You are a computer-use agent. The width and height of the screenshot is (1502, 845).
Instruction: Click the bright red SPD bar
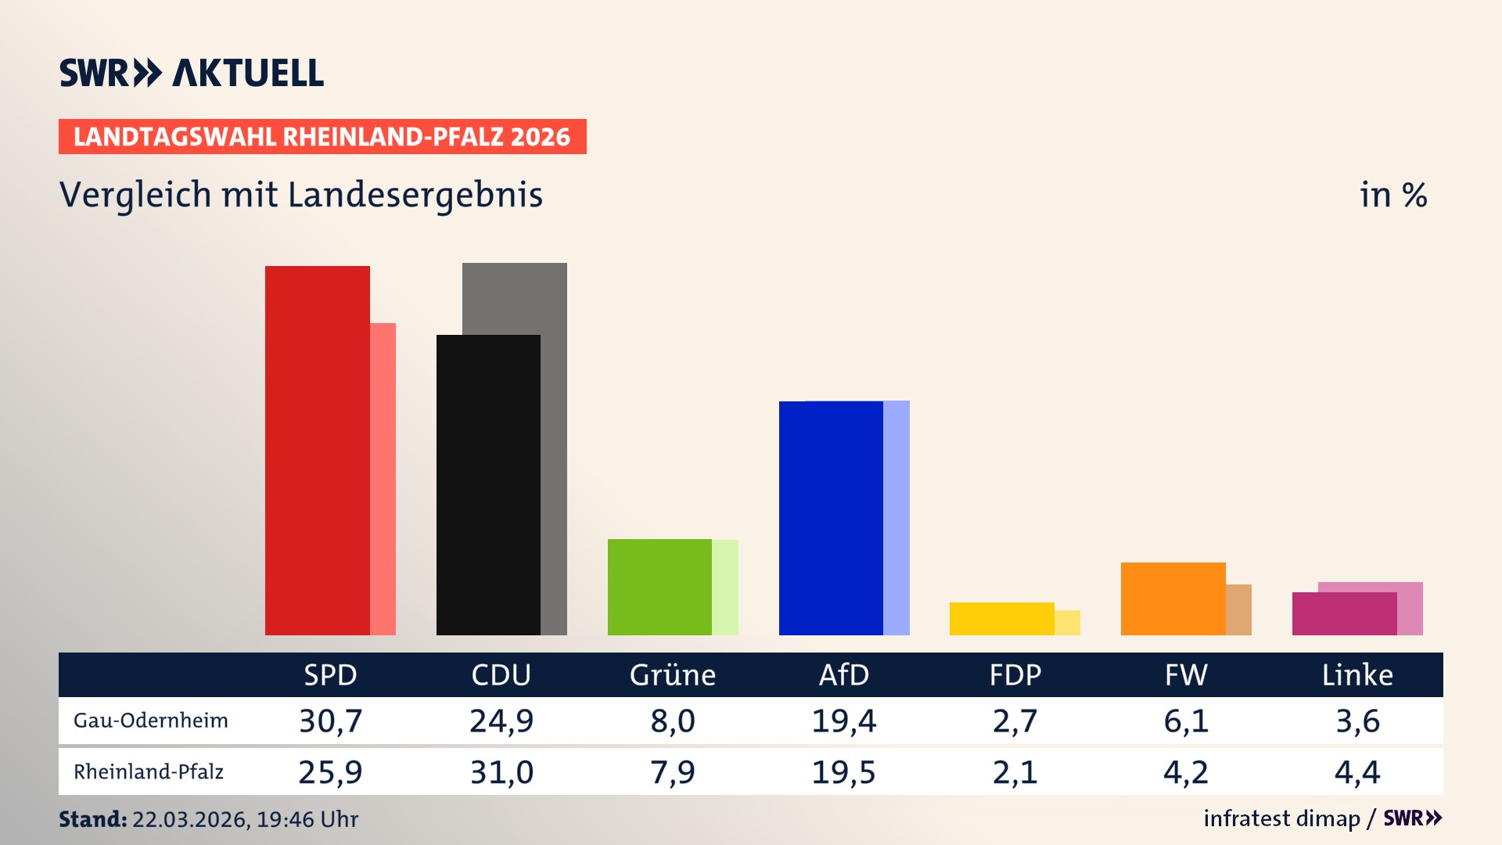pos(317,450)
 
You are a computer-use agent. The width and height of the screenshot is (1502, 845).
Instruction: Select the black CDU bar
pos(488,485)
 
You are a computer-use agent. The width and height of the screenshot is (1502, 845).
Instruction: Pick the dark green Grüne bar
pos(659,587)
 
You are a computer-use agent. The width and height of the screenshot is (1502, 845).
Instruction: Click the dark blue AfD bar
pos(831,518)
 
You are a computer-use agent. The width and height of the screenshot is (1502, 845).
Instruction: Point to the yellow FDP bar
pos(1001,618)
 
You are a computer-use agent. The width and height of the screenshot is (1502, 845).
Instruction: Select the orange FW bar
pos(1173,599)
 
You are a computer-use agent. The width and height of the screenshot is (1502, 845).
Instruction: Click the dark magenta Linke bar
pos(1344,613)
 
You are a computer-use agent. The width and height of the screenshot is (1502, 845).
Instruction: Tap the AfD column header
pos(843,675)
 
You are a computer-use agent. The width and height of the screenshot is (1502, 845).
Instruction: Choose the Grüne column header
pos(672,675)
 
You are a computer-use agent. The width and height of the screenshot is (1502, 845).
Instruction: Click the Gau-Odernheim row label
pos(151,721)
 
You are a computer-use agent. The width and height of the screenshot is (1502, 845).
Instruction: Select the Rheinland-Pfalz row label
pos(149,772)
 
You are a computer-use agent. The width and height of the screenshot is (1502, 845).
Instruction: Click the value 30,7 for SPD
pos(330,721)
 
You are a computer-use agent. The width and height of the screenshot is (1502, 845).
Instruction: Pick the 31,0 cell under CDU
pos(501,772)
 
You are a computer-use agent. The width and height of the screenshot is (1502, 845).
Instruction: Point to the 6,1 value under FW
pos(1186,721)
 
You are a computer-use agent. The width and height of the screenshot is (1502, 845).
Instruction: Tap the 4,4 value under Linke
pos(1357,772)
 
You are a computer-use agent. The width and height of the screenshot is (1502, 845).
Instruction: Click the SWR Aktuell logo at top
pos(192,73)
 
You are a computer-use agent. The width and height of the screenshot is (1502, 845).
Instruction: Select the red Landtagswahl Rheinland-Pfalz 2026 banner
pos(322,137)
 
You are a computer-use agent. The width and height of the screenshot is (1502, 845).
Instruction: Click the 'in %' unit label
pos(1393,195)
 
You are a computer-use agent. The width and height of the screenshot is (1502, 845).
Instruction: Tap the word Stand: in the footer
pos(92,819)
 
